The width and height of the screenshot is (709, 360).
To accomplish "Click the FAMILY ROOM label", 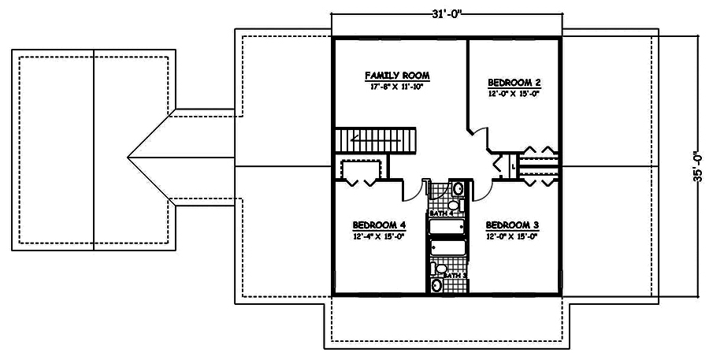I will tap(397, 76).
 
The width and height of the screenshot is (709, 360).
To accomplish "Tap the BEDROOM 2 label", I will tap(514, 82).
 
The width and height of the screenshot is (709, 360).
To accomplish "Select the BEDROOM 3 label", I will tap(512, 224).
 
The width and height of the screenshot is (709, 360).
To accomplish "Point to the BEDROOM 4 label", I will tap(379, 224).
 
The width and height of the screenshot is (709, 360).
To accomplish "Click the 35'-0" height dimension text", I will tap(696, 167).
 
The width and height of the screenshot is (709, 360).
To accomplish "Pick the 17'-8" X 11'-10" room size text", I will tap(397, 87).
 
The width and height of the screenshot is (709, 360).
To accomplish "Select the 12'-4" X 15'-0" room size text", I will tap(379, 236).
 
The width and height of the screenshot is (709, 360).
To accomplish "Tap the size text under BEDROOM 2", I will tap(514, 94).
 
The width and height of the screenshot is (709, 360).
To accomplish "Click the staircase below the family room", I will tap(377, 141).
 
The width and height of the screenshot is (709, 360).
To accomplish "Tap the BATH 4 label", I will tap(443, 213).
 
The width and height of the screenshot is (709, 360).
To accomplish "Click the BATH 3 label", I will tap(454, 275).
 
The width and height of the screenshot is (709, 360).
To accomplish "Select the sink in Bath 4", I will tap(457, 188).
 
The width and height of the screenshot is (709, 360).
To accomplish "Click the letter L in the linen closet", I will tap(513, 166).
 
